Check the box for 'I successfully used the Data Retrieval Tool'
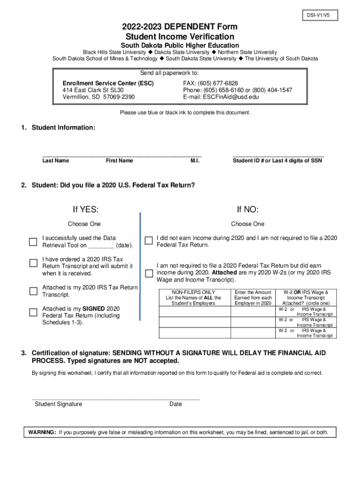coord(33,242)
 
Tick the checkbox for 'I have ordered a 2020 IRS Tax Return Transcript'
coord(33,263)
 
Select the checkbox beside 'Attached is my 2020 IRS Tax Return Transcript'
coord(33,291)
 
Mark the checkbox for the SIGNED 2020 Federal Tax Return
coord(33,312)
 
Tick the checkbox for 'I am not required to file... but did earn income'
coord(149,273)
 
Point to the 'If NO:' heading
coord(248,209)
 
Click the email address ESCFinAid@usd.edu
coord(230,97)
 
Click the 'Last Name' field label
coord(56,161)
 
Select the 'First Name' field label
coord(119,161)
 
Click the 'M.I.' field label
coord(195,161)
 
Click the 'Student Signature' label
coord(58,404)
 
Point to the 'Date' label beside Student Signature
coord(176,404)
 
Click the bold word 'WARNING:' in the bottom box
coord(42,432)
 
